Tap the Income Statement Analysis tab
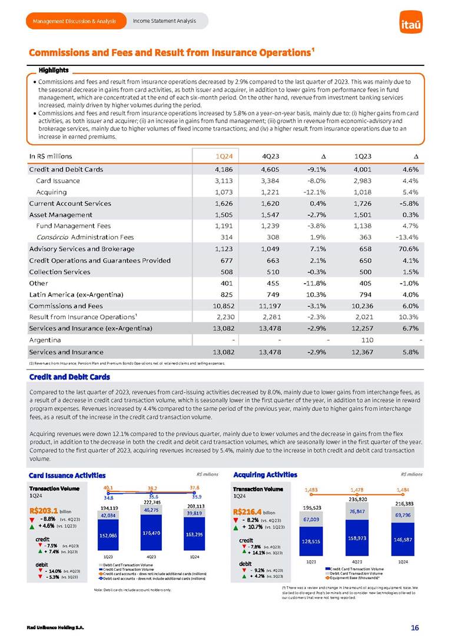[164, 22]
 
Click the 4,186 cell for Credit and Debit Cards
[218, 170]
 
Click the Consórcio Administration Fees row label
[85, 237]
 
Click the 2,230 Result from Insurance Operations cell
[218, 317]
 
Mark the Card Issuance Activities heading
[67, 474]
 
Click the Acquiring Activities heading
[266, 474]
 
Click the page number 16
[414, 627]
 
